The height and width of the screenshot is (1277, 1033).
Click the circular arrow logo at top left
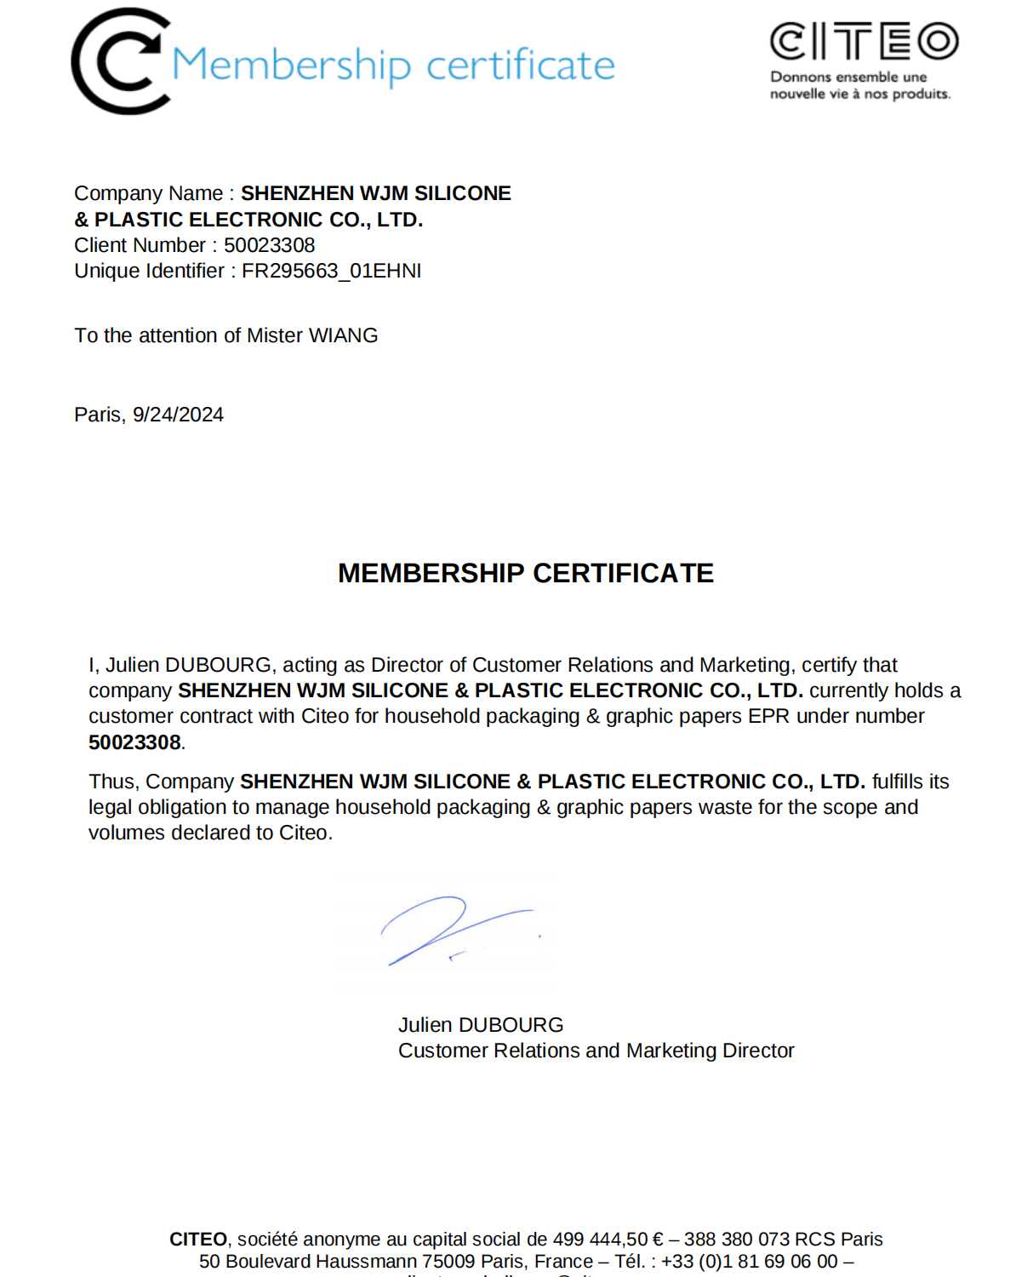pyautogui.click(x=118, y=61)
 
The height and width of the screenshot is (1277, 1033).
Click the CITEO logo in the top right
pyautogui.click(x=864, y=41)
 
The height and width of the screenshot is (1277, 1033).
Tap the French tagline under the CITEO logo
pyautogui.click(x=859, y=85)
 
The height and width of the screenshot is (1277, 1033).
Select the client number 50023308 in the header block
pyautogui.click(x=269, y=245)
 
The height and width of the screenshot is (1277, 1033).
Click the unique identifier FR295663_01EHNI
pyautogui.click(x=331, y=271)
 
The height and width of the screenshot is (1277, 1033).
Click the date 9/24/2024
pyautogui.click(x=178, y=415)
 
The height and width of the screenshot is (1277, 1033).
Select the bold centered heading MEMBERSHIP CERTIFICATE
pyautogui.click(x=525, y=573)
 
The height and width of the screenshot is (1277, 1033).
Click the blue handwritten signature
pyautogui.click(x=451, y=930)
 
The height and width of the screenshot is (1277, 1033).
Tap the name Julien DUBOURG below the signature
pyautogui.click(x=481, y=1025)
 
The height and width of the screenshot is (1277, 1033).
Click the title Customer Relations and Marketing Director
pyautogui.click(x=596, y=1051)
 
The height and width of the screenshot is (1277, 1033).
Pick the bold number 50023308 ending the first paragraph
pyautogui.click(x=134, y=742)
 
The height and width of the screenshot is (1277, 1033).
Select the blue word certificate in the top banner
pyautogui.click(x=520, y=66)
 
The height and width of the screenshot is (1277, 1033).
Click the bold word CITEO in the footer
pyautogui.click(x=197, y=1240)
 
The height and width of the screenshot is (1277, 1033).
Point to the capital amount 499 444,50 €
pyautogui.click(x=608, y=1240)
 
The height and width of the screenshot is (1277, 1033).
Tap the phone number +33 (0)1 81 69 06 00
pyautogui.click(x=749, y=1262)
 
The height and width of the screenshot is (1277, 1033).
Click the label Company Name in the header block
pyautogui.click(x=148, y=193)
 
